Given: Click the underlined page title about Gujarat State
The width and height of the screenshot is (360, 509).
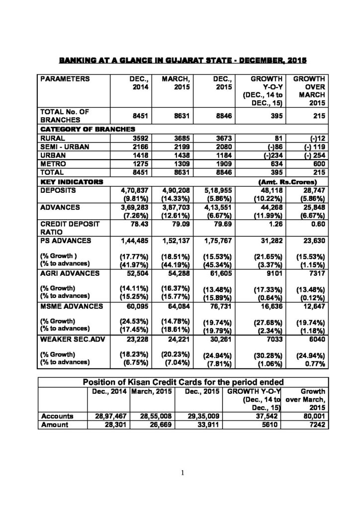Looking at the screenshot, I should click(x=183, y=61).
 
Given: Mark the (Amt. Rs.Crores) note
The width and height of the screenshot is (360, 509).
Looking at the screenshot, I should click(x=298, y=180).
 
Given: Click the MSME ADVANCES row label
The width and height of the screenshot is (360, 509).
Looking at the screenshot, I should click(x=67, y=306).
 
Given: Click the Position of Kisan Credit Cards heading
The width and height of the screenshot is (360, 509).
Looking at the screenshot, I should click(x=183, y=382).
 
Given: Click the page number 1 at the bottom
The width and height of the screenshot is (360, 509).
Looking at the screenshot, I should click(x=182, y=473).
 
